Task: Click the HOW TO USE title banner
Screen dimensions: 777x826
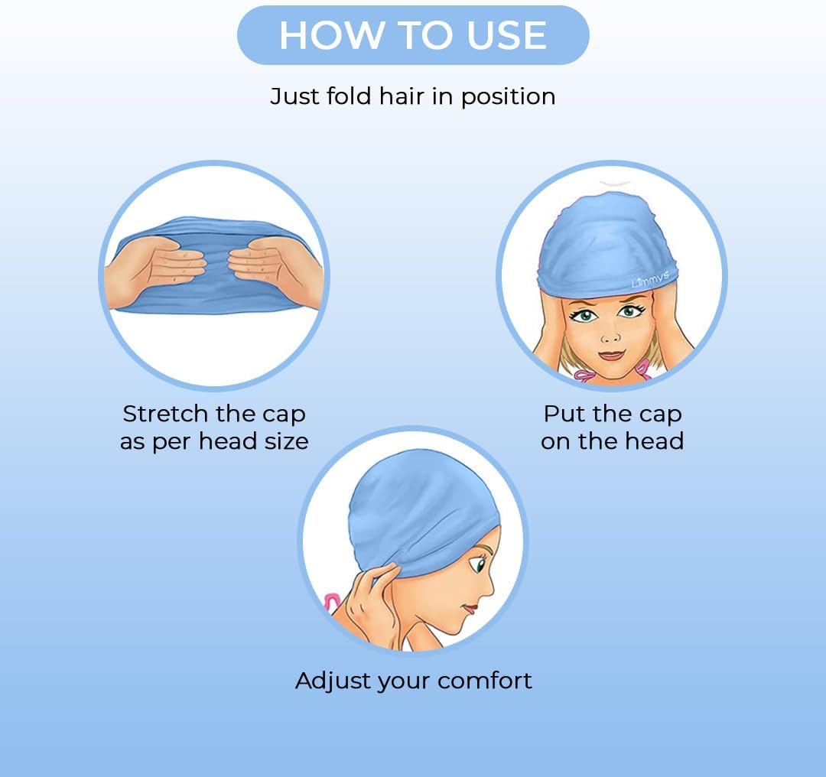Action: tap(413, 35)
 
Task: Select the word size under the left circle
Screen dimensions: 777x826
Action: tap(286, 441)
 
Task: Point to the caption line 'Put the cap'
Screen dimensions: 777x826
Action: tap(612, 414)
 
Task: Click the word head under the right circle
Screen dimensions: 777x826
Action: tap(652, 441)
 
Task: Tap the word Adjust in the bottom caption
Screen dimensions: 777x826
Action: tap(331, 680)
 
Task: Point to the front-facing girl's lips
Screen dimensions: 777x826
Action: tap(611, 355)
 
